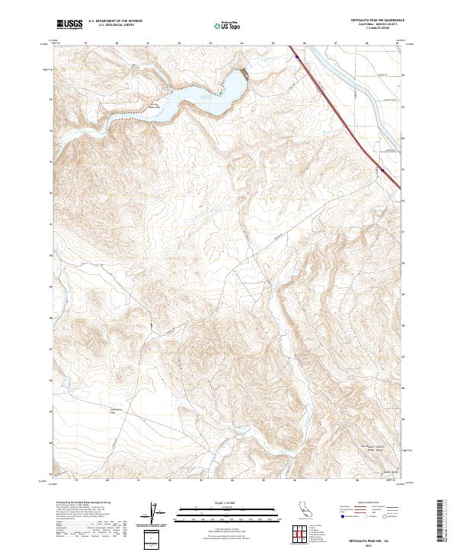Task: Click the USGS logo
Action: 70,24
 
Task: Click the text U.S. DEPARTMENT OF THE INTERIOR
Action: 115,21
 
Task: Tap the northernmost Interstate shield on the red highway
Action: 296,55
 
